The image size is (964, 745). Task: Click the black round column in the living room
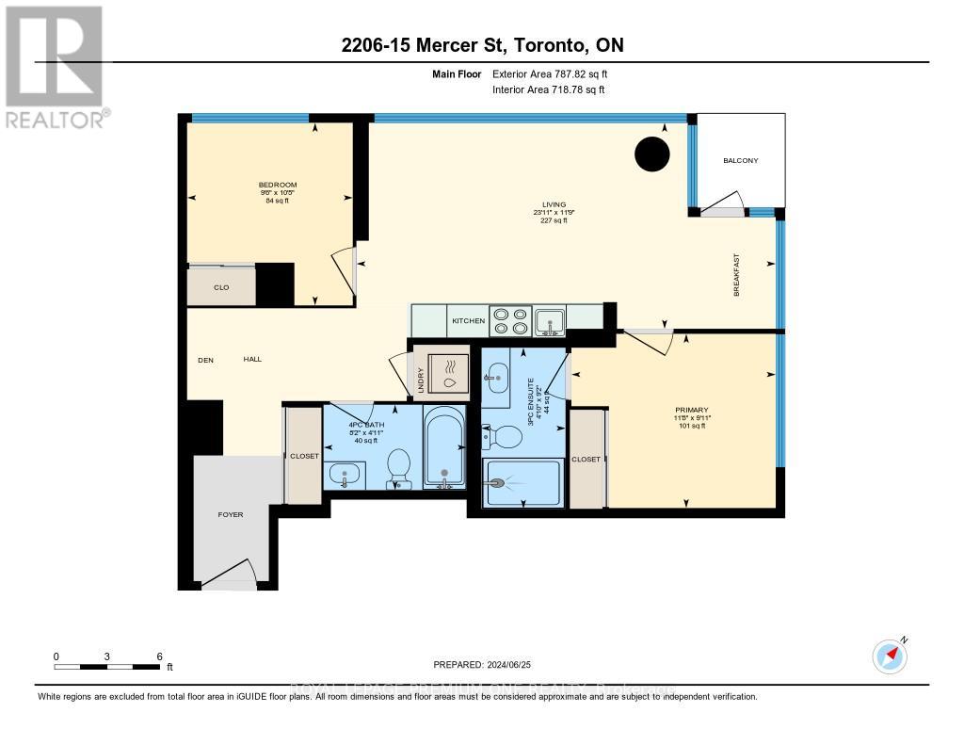(651, 154)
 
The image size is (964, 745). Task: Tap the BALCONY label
(740, 161)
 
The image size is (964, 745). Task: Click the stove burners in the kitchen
(509, 320)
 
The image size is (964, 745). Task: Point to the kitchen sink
(549, 320)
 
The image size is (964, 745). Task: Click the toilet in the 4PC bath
(399, 468)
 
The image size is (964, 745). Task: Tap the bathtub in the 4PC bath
(442, 448)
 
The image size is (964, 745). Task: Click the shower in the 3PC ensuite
(522, 482)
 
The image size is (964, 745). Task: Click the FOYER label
(231, 514)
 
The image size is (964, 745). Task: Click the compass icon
(890, 655)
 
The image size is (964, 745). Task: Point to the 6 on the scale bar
(160, 656)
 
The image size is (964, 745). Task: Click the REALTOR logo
(54, 66)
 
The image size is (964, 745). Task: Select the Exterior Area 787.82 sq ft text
(556, 73)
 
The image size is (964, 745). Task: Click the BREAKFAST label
(737, 275)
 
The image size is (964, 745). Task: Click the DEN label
(206, 359)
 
